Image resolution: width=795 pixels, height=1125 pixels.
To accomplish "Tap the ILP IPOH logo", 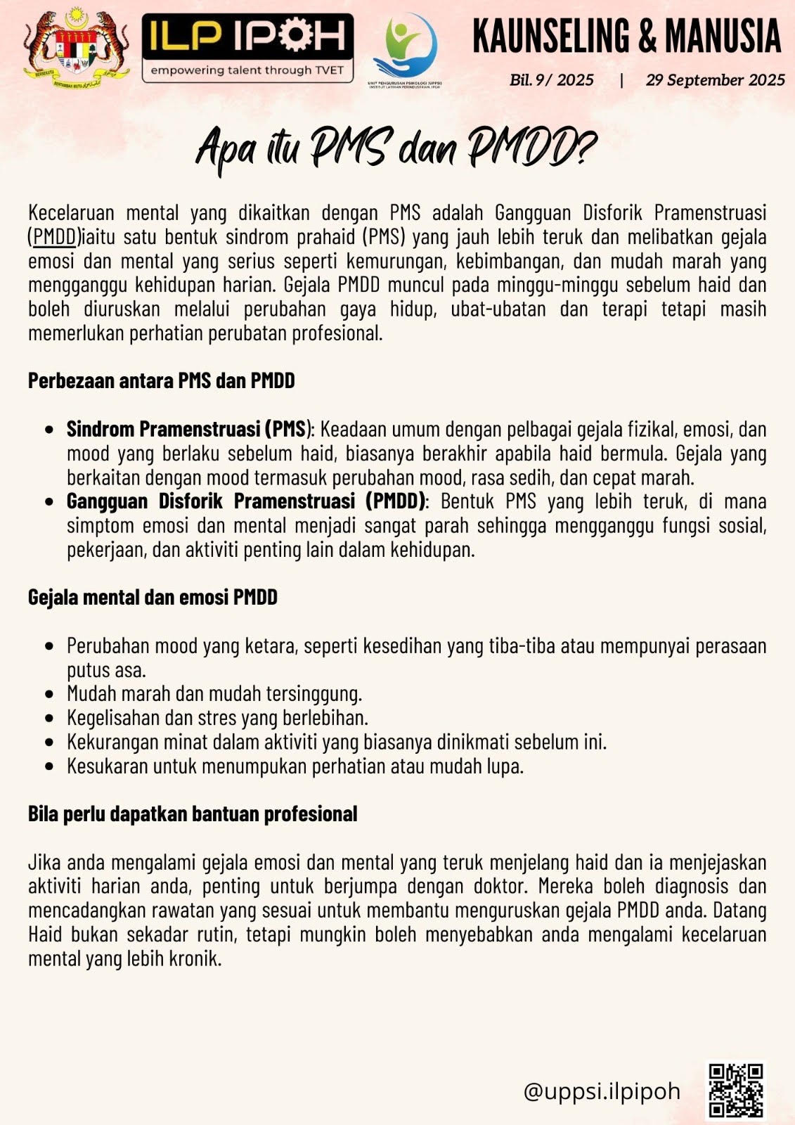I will coord(247,48).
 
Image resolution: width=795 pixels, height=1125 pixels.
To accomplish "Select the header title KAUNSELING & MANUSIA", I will coord(626,37).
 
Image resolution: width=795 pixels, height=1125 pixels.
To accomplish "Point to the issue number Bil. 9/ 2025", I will coord(552,80).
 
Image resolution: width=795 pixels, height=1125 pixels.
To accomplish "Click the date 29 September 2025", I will coord(715,80).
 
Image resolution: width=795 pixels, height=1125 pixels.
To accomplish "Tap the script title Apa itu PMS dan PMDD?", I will coord(395,148).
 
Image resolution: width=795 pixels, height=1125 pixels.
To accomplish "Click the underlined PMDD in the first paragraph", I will coord(54,237).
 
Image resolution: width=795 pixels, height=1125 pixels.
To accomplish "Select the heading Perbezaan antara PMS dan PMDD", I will coord(161,381).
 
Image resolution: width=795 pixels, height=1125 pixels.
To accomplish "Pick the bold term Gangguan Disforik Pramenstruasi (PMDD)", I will coord(246,501).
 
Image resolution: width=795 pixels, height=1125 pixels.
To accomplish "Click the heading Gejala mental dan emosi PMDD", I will coord(153,598).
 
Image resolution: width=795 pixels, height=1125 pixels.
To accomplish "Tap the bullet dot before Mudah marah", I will coord(49,694).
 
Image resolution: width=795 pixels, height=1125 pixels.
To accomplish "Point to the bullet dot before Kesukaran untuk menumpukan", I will coord(49,766).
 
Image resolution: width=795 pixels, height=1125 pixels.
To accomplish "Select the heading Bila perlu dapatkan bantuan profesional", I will coord(193,814).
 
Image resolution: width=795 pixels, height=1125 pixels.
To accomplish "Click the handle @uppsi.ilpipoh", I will coord(602,1091).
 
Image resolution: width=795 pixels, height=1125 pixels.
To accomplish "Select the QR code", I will coord(736,1091).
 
